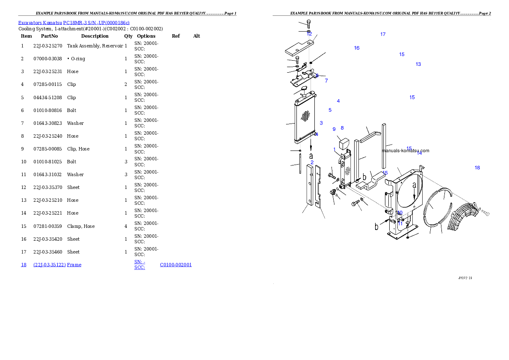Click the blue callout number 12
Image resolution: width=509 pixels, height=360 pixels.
click(309, 34)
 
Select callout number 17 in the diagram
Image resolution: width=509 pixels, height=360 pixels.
click(383, 34)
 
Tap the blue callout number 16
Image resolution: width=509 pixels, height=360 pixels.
click(357, 48)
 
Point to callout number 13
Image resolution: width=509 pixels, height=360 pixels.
click(418, 64)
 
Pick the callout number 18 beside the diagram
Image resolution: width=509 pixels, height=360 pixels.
click(477, 168)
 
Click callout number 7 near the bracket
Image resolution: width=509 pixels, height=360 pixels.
click(326, 81)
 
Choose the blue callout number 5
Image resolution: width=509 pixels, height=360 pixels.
click(330, 110)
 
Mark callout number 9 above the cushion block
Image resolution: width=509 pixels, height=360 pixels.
click(334, 129)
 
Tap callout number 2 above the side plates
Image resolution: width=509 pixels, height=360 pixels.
click(312, 162)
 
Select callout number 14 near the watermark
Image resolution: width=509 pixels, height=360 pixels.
click(420, 153)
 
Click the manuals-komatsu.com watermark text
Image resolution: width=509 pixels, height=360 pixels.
click(405, 150)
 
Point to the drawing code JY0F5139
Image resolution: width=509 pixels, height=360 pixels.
click(465, 278)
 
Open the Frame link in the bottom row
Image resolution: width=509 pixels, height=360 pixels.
click(74, 265)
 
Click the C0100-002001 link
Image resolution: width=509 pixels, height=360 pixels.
click(176, 265)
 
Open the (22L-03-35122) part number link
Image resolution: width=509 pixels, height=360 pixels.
click(49, 265)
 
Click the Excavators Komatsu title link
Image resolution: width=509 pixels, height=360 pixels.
click(74, 23)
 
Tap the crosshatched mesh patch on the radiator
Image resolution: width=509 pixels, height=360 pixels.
click(305, 115)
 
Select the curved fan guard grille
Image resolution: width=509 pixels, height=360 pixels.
click(464, 216)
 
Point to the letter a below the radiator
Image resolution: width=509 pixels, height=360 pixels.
click(311, 156)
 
